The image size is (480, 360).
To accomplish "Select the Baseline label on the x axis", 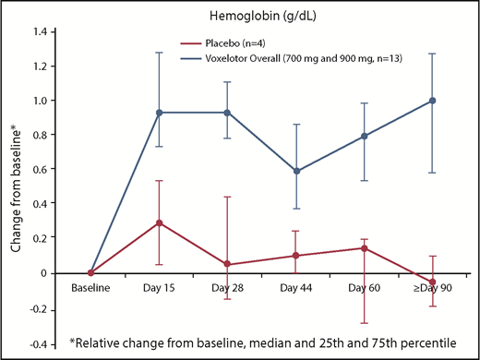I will pyautogui.click(x=90, y=290).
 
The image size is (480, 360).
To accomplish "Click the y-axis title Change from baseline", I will pyautogui.click(x=16, y=185).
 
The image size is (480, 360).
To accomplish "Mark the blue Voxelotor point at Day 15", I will pyautogui.click(x=159, y=113).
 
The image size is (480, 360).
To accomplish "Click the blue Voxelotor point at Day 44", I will pyautogui.click(x=295, y=172).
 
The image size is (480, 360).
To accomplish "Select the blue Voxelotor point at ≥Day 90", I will pyautogui.click(x=432, y=101).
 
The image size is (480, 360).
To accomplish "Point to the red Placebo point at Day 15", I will pyautogui.click(x=159, y=222).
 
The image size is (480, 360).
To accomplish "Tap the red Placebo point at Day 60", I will pyautogui.click(x=364, y=248).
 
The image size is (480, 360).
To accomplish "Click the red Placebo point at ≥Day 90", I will pyautogui.click(x=432, y=282).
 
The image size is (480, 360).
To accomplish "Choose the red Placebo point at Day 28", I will pyautogui.click(x=227, y=265).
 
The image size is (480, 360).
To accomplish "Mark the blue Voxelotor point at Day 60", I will pyautogui.click(x=364, y=137).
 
